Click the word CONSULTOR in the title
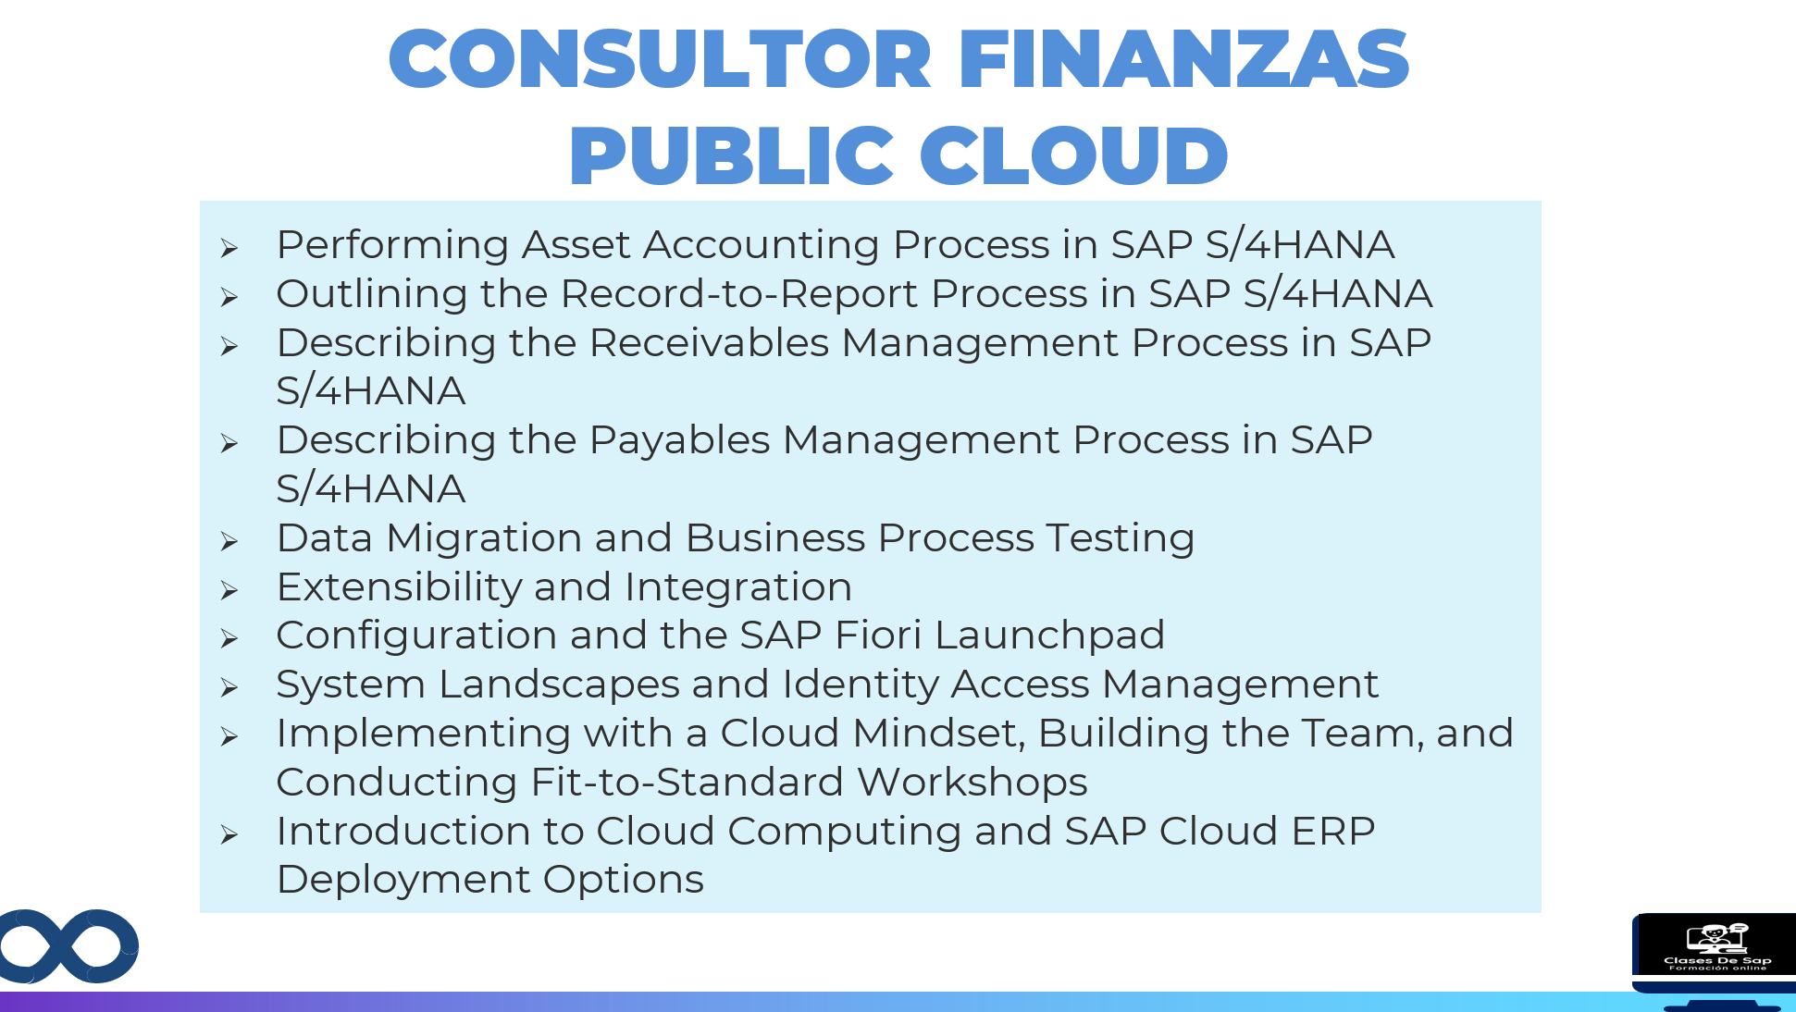[x=660, y=58]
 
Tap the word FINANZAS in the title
[x=1183, y=58]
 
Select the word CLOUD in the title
[x=1073, y=154]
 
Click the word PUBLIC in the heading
[x=731, y=154]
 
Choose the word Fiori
[x=878, y=635]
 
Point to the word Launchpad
[x=1049, y=636]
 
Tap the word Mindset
[x=939, y=733]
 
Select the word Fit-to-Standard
[x=687, y=782]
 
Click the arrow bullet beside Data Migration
[x=229, y=541]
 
